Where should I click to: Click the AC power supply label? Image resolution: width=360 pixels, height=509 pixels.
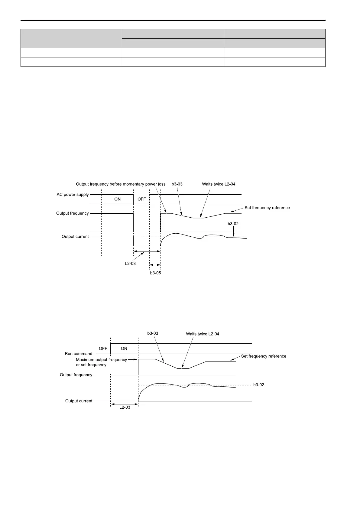(73, 195)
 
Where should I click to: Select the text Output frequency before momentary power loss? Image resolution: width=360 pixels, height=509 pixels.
(121, 184)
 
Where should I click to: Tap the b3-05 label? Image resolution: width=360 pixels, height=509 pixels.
(155, 273)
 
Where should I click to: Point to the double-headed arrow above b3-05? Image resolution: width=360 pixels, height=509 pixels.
(155, 265)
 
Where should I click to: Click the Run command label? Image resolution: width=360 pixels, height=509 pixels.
(79, 354)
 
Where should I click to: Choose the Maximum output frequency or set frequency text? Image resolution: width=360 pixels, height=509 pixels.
(101, 362)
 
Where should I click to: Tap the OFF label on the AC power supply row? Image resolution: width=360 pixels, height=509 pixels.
(141, 199)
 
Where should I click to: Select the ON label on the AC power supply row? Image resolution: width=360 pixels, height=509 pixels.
(117, 199)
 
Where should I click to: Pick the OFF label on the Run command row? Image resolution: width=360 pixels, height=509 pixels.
(103, 349)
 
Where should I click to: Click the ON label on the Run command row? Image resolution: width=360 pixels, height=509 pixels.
(124, 349)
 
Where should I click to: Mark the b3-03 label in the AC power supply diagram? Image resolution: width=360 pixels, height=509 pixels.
(177, 184)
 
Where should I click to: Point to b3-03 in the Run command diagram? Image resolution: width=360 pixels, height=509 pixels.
(153, 333)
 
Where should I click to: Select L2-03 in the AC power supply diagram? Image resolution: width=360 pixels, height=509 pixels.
(130, 264)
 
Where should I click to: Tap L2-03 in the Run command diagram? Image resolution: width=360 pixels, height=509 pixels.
(125, 407)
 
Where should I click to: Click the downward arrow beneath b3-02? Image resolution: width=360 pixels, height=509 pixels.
(233, 232)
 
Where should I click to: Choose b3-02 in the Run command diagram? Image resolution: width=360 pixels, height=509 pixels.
(259, 385)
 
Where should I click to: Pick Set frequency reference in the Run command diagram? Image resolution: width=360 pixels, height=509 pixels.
(264, 356)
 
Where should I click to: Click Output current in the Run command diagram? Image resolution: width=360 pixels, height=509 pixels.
(79, 401)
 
